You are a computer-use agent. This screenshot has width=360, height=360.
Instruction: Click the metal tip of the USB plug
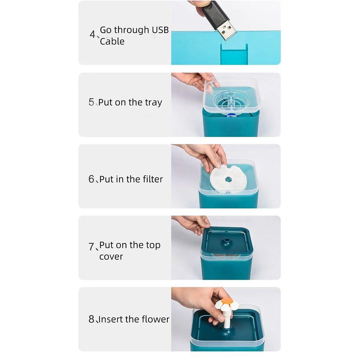(x=226, y=31)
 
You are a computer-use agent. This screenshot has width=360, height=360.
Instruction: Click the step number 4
(x=92, y=34)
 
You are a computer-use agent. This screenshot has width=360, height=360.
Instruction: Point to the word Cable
(x=112, y=41)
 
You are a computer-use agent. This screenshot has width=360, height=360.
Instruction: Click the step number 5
(x=91, y=102)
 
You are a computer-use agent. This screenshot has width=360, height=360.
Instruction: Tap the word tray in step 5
(x=153, y=103)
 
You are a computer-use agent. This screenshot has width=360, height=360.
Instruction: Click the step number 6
(x=91, y=179)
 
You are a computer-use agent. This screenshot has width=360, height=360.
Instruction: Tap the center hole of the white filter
(x=228, y=179)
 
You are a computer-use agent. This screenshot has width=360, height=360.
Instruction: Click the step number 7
(x=91, y=247)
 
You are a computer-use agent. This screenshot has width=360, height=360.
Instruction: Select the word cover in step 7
(x=111, y=257)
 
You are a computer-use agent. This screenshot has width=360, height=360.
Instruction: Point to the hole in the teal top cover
(x=227, y=240)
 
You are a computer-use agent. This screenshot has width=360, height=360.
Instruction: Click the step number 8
(x=91, y=319)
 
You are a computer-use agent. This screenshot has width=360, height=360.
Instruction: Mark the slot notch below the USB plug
(x=234, y=54)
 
